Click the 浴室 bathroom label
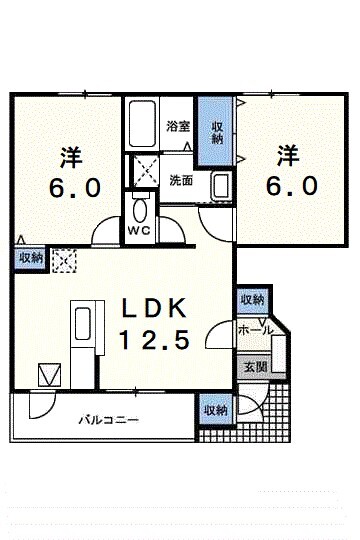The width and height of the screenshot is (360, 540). click(178, 127)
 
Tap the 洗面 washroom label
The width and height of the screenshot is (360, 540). click(181, 181)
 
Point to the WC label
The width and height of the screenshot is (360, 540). click(139, 228)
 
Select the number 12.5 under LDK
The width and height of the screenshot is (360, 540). click(155, 341)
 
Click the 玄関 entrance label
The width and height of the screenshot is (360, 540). click(254, 367)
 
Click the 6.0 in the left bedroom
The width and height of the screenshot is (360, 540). click(70, 188)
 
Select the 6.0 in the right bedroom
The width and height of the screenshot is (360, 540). click(291, 186)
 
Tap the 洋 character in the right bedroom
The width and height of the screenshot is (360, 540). click(289, 155)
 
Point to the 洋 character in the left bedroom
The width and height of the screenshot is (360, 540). click(70, 157)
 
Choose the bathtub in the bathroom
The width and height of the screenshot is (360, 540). click(142, 124)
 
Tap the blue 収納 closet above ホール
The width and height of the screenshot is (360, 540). click(251, 300)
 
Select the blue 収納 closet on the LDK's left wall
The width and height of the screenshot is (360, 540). click(29, 257)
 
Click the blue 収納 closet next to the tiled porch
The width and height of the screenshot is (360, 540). click(215, 410)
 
